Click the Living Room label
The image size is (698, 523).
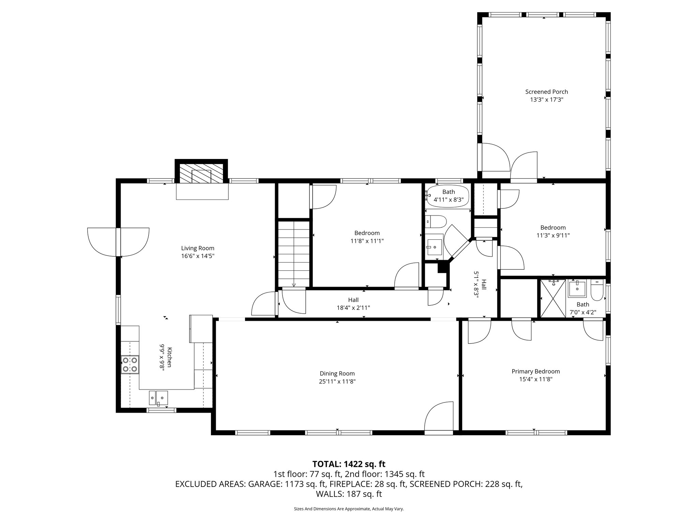coord(198,248)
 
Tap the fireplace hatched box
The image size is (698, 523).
coord(201,174)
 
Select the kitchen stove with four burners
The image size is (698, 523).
coord(130,364)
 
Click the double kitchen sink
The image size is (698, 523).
coord(158,397)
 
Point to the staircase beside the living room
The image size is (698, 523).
coord(294,254)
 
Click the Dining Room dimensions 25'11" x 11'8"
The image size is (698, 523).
coord(337,382)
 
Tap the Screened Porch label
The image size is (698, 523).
coord(546,92)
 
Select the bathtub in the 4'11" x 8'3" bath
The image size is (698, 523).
coord(448,195)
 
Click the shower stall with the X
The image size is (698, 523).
coord(553,299)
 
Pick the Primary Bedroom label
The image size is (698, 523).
coord(535,371)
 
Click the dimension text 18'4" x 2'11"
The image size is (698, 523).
coord(353,308)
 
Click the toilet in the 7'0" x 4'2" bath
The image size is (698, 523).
coord(597,290)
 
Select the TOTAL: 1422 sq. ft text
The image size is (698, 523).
coord(349,464)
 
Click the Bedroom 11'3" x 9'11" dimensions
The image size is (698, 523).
coord(553,235)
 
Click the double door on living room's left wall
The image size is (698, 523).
coord(118,242)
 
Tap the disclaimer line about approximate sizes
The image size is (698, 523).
coord(349,509)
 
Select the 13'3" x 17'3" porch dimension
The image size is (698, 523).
coord(546,100)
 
